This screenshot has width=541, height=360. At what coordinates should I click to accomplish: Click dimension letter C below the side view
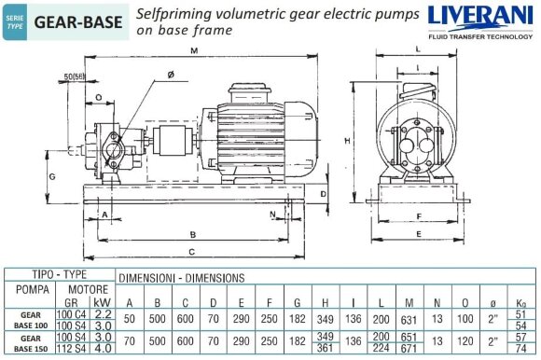(x=191, y=252)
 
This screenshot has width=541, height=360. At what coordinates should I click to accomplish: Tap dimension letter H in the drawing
(x=346, y=140)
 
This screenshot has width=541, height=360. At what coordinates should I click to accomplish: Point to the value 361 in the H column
(x=326, y=348)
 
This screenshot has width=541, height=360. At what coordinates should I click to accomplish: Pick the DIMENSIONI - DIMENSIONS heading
(x=182, y=277)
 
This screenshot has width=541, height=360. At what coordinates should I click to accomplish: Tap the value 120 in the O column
(x=464, y=342)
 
